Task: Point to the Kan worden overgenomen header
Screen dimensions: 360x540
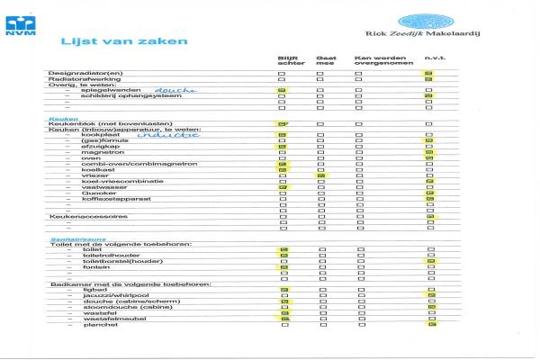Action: pos(377,61)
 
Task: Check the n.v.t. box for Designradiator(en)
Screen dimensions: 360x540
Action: pos(429,72)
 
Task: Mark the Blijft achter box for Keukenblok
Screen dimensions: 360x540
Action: pos(283,123)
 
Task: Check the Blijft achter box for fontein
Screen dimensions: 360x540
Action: pos(283,267)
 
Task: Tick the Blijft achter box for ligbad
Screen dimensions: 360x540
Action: pos(283,289)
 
